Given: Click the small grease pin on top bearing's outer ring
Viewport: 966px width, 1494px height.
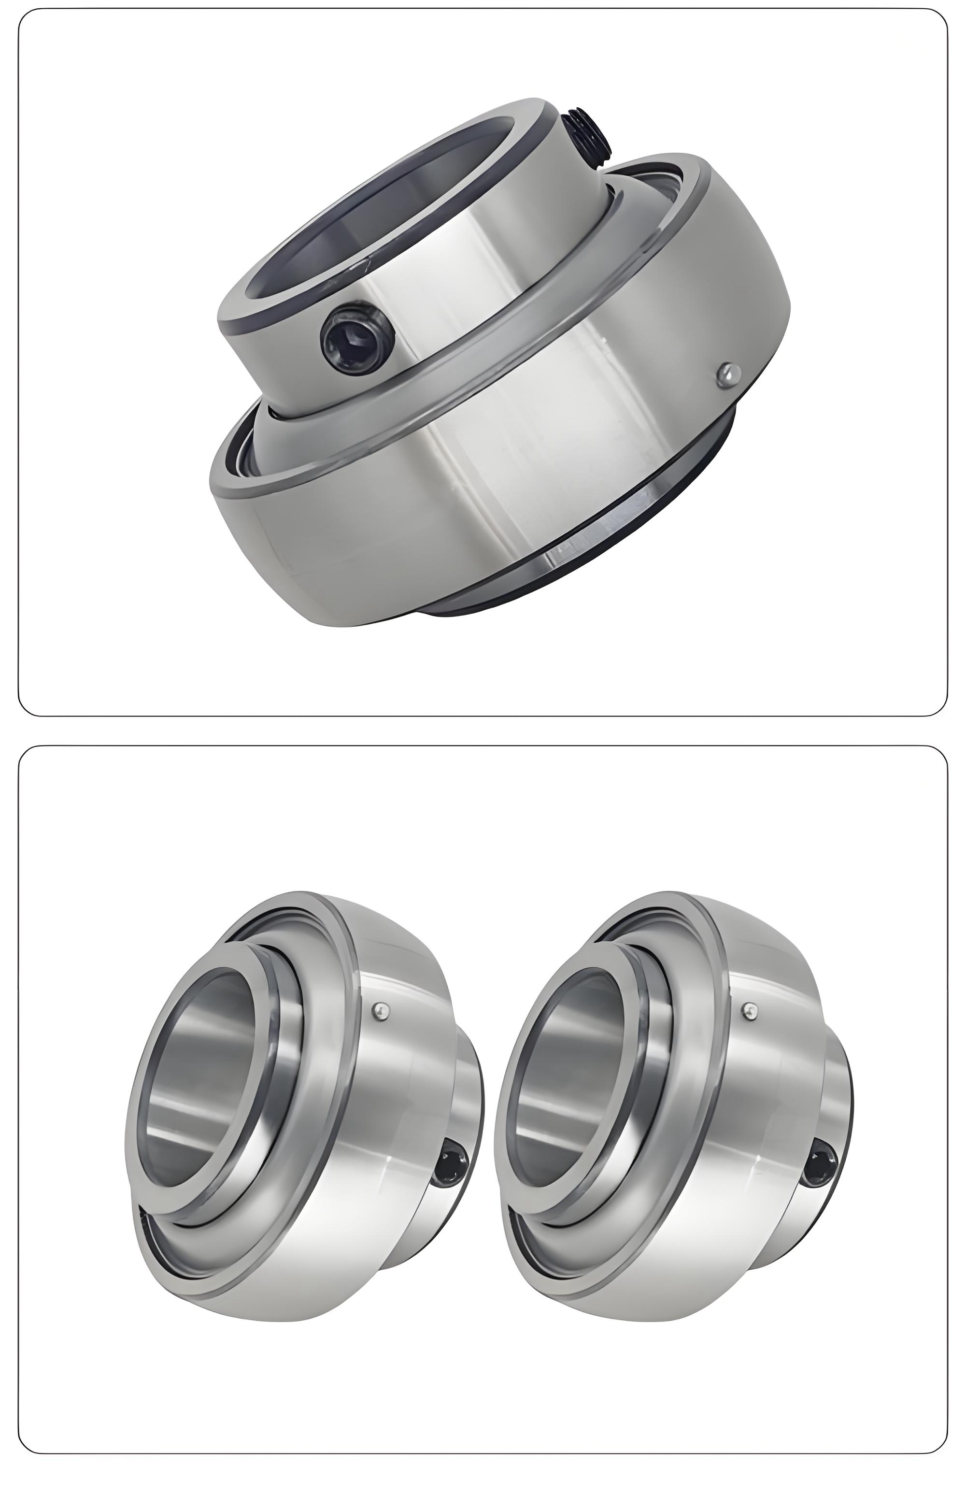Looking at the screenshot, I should pyautogui.click(x=727, y=374).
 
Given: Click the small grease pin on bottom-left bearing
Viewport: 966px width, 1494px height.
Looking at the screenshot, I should pyautogui.click(x=380, y=1010).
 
